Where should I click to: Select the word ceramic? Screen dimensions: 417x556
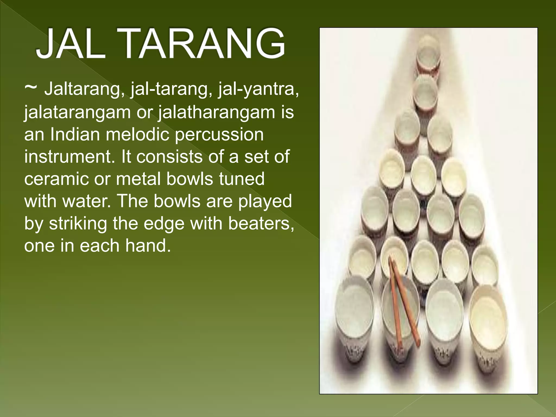pos(56,179)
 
